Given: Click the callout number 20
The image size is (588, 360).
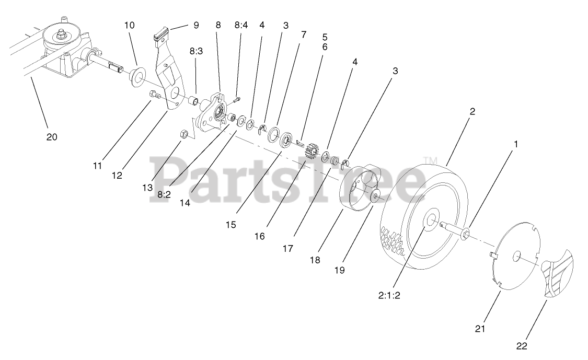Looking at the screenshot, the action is pos(52,137).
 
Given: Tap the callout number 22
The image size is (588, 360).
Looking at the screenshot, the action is pos(522,345).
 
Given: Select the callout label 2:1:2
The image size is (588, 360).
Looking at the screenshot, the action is pos(389,295).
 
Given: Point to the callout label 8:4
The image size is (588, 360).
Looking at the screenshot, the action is pos(241,25).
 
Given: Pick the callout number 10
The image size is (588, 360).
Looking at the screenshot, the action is pos(130,25).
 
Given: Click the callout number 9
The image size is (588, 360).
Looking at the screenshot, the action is pos(196,25).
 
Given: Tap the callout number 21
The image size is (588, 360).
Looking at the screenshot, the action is pos(480,329).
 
